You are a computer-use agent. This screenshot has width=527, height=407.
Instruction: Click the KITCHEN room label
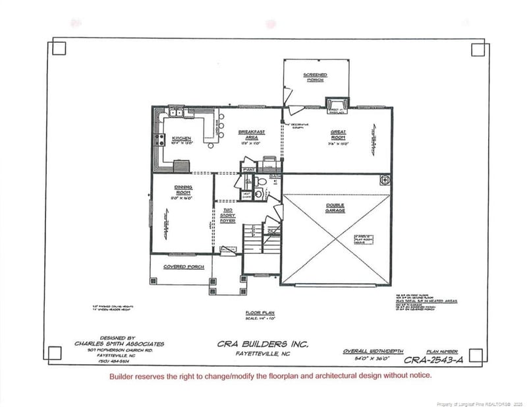pyautogui.click(x=181, y=139)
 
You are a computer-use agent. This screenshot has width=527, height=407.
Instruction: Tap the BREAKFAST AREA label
pyautogui.click(x=251, y=135)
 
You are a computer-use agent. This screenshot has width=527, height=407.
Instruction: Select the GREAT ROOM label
pyautogui.click(x=338, y=135)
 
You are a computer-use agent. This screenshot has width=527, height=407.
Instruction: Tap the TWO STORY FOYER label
pyautogui.click(x=227, y=216)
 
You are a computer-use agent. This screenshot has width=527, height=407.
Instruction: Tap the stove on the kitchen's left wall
pyautogui.click(x=158, y=139)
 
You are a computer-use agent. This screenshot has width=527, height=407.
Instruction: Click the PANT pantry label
pyautogui.click(x=248, y=170)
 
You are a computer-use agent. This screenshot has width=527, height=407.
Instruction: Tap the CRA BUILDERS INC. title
pyautogui.click(x=262, y=344)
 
